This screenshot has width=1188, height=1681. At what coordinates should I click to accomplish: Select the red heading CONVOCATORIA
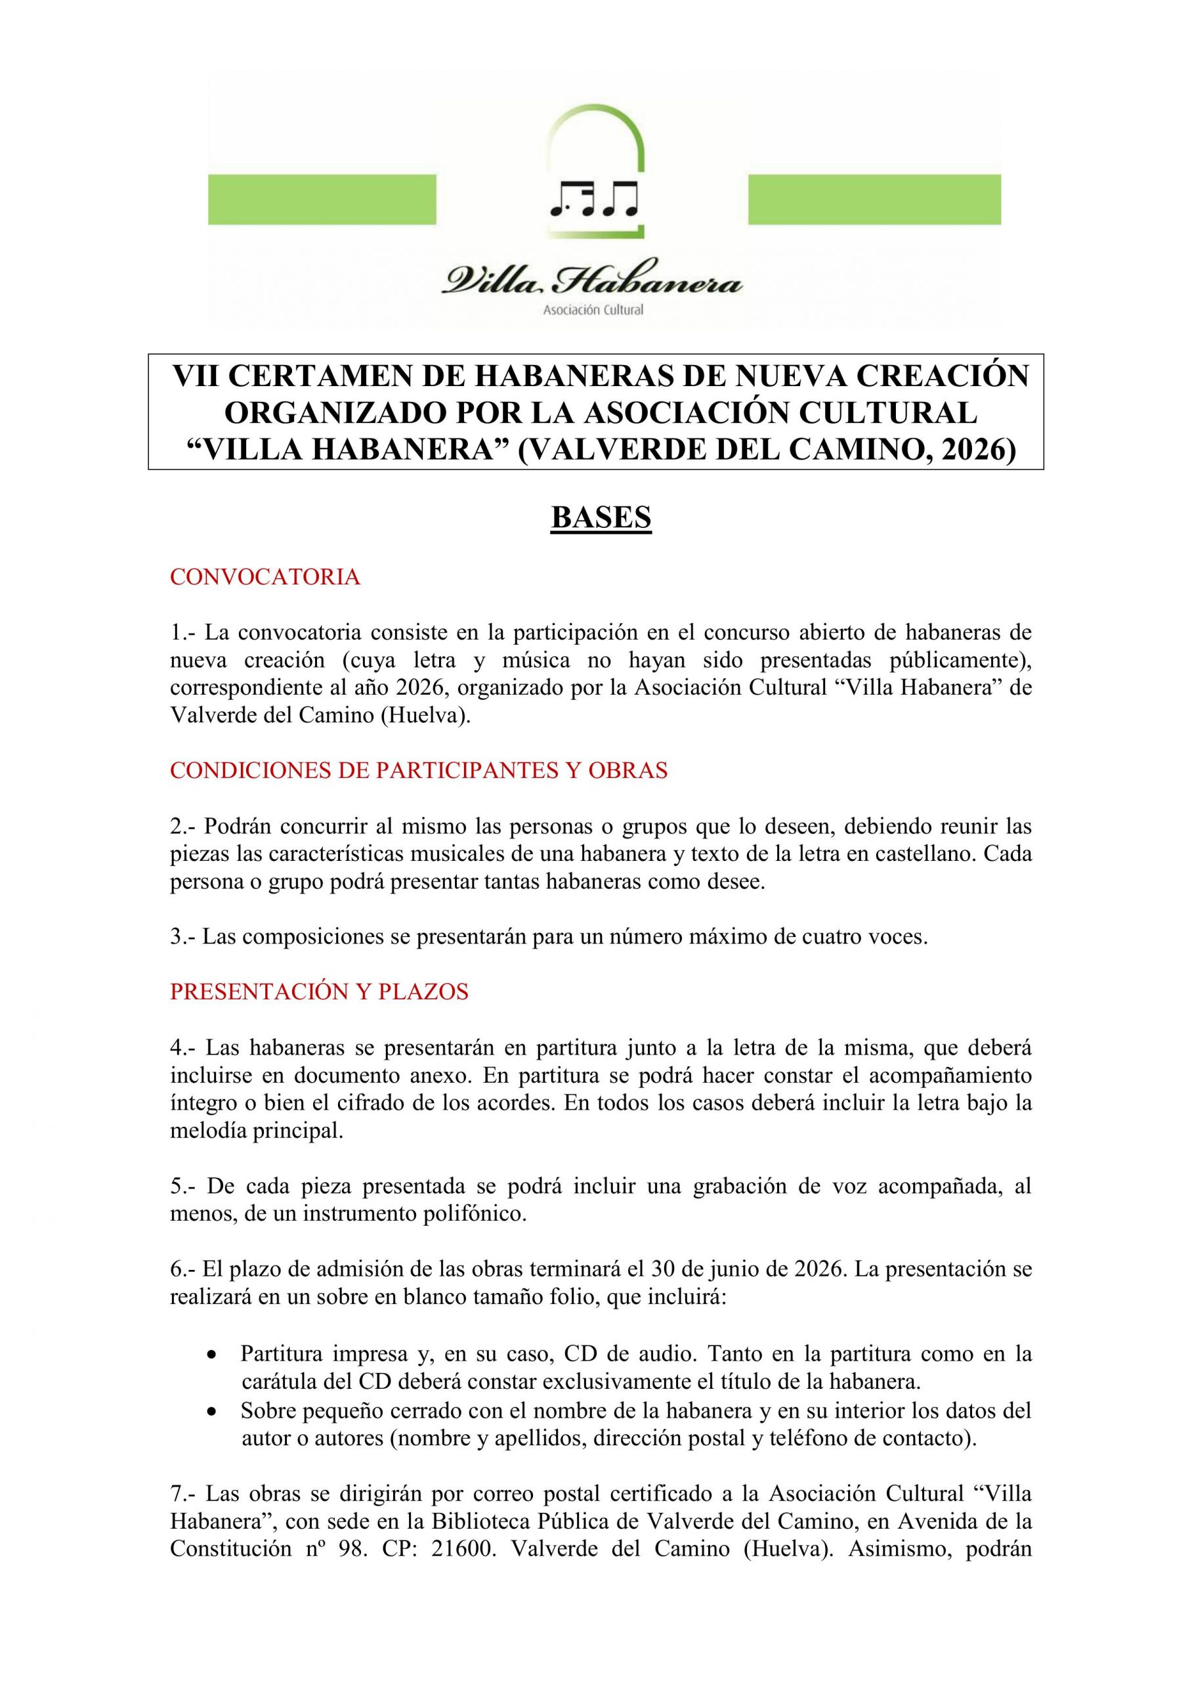coord(265,577)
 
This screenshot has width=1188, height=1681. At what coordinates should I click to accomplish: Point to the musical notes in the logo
coord(593,199)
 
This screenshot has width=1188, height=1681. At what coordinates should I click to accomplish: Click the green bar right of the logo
coord(874,199)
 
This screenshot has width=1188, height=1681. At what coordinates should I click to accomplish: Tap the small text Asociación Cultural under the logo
coord(593,310)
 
